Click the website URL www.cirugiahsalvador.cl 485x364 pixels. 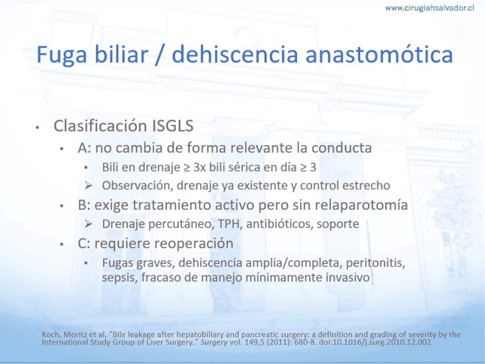click(x=429, y=8)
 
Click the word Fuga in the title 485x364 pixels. click(x=62, y=55)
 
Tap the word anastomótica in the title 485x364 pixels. click(x=380, y=55)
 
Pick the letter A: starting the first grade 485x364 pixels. click(x=84, y=147)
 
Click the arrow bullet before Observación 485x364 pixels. click(x=89, y=186)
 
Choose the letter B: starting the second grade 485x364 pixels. click(x=84, y=205)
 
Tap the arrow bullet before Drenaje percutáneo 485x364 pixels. click(x=89, y=224)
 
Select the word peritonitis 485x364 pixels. click(x=375, y=263)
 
